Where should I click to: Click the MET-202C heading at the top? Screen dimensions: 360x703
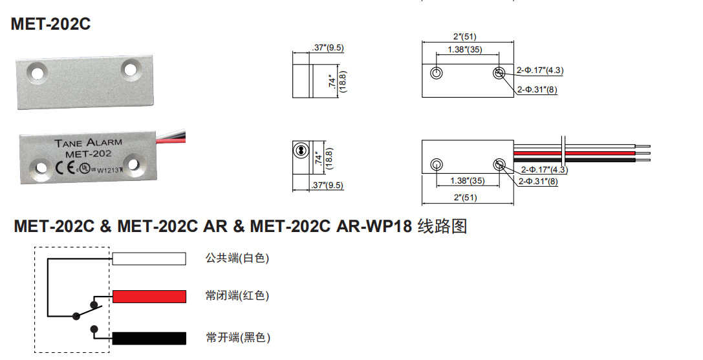(50, 25)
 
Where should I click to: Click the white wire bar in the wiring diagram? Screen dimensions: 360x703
(149, 259)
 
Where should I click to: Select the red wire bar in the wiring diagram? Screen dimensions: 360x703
(149, 296)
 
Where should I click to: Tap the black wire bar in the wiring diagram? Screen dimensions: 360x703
(149, 338)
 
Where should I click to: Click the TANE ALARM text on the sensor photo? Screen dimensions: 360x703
(88, 143)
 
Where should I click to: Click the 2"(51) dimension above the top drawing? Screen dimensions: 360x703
(467, 37)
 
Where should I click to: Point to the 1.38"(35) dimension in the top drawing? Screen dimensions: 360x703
(467, 50)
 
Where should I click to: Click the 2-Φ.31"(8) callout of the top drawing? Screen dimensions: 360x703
(537, 90)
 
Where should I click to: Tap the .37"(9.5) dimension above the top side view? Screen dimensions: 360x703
(327, 48)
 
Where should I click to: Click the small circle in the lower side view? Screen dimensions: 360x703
(299, 150)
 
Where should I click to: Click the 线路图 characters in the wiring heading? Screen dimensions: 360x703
(442, 227)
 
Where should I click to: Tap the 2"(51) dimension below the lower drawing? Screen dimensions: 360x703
(467, 197)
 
